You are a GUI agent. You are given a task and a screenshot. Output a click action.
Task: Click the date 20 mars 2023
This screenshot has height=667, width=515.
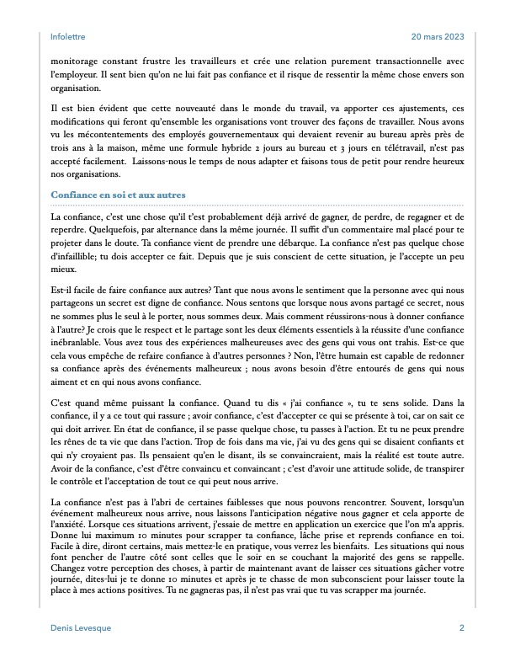coord(438,37)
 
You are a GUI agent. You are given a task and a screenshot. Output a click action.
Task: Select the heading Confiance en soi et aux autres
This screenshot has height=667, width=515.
coord(118,195)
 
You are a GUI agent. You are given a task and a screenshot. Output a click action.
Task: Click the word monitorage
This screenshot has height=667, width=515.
coord(78,61)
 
